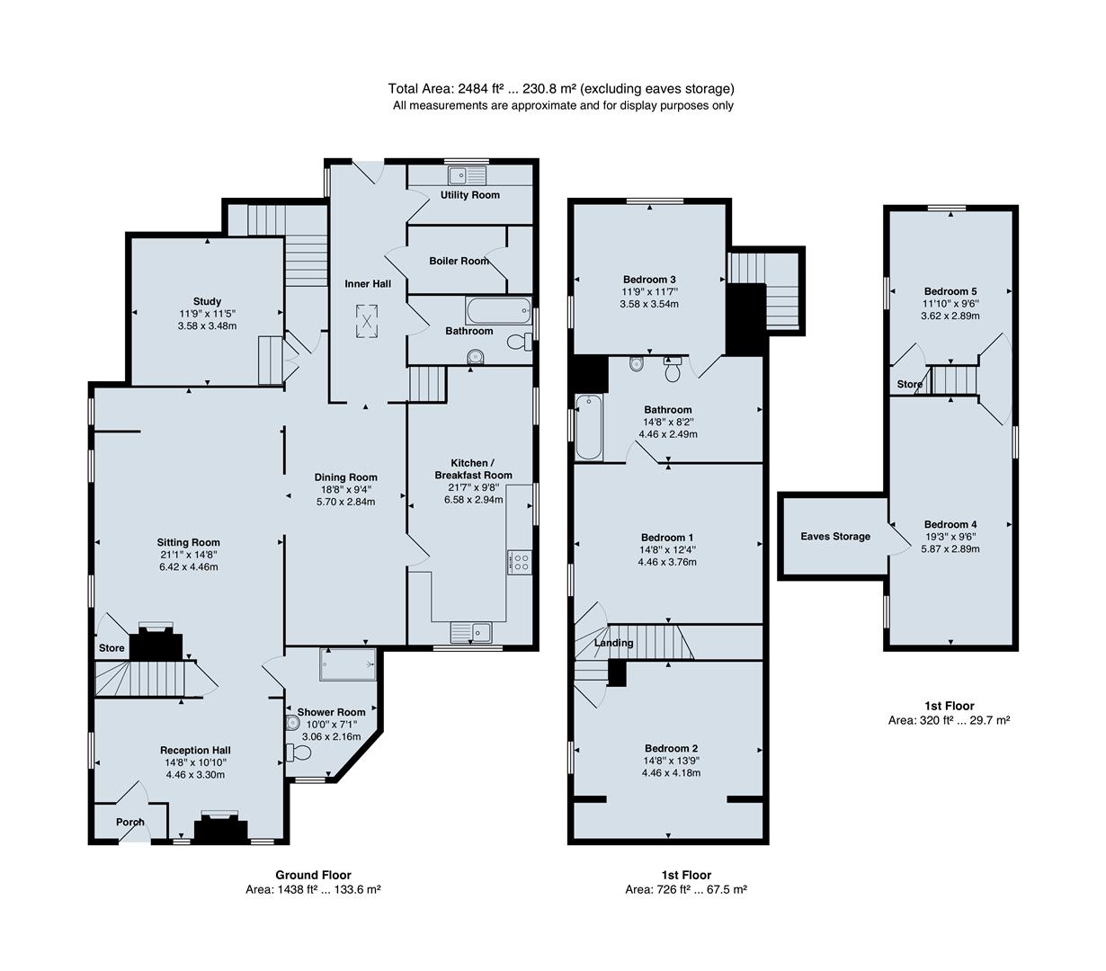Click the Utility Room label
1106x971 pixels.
pos(469,195)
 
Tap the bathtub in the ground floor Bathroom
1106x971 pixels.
pos(497,310)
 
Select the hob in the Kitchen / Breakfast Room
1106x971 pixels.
pos(519,562)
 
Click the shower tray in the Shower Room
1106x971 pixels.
pos(348,664)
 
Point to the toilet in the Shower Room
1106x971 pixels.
pos(298,753)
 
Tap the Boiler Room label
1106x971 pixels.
pos(459,261)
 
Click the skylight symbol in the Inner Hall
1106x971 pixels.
pos(367,322)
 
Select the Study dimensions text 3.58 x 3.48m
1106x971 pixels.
pos(207,325)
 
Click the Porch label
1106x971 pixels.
pos(129,822)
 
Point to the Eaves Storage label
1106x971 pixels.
pos(835,537)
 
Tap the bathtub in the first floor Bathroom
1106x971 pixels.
pos(589,427)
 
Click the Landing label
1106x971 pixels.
pos(613,643)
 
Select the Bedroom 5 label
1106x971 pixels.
pos(950,291)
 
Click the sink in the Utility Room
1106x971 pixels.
pos(468,175)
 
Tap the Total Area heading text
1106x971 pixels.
pos(560,88)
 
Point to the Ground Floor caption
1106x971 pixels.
pos(313,875)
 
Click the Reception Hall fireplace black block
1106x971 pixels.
pos(221,830)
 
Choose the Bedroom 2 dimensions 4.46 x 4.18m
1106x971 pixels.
pos(671,772)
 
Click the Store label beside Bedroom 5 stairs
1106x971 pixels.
pos(909,384)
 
